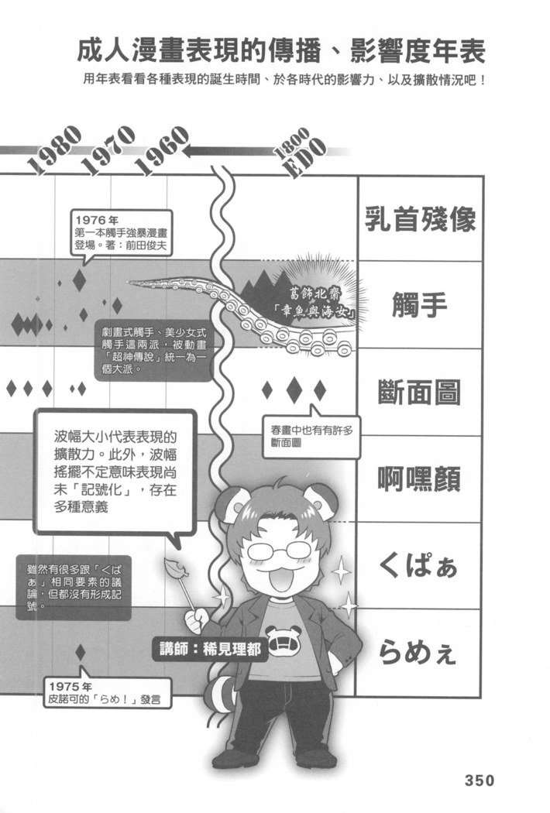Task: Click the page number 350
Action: tap(479, 780)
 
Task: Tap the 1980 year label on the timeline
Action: tap(53, 149)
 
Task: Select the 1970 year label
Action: tap(108, 150)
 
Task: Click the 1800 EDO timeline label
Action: tap(301, 152)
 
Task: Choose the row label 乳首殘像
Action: tap(420, 219)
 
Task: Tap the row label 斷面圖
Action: tap(419, 392)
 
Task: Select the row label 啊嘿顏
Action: tap(419, 479)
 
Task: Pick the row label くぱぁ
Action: tap(418, 564)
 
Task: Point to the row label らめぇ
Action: tap(418, 652)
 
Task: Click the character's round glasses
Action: tap(282, 549)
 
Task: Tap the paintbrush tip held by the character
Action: tap(174, 568)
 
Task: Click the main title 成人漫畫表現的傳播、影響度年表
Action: tap(281, 51)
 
